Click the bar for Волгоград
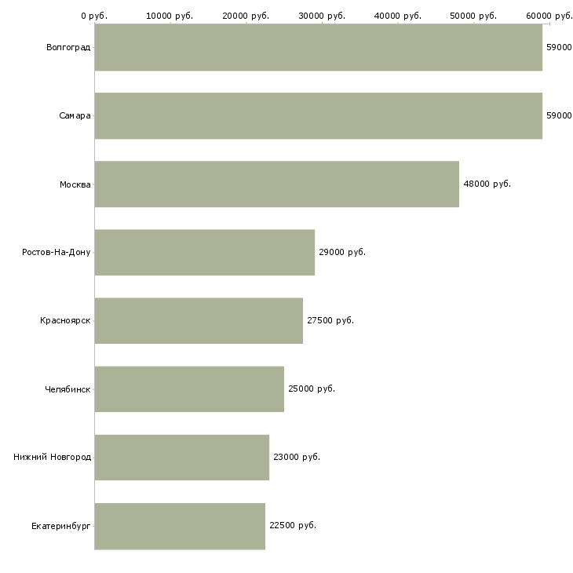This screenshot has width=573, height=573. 318,48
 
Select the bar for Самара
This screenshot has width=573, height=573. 318,116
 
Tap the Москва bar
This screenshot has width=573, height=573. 276,184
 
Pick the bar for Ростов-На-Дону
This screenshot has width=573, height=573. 204,253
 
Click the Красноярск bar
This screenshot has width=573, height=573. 199,321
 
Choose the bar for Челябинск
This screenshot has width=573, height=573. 189,389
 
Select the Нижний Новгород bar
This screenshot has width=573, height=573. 181,458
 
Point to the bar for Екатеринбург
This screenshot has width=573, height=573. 180,526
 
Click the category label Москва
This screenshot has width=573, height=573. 75,184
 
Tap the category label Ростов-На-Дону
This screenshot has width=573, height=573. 57,253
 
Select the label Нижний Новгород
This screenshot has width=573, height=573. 53,458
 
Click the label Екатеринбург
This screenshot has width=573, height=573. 61,526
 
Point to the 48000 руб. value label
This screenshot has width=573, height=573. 487,184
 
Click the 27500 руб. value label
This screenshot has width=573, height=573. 330,321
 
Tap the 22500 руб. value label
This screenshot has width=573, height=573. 292,526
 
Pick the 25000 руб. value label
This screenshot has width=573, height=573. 311,389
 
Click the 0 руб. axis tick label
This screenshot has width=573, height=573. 94,16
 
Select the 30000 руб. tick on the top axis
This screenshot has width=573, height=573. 323,16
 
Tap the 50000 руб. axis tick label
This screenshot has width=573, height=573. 474,16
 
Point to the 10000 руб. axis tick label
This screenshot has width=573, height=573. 170,16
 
